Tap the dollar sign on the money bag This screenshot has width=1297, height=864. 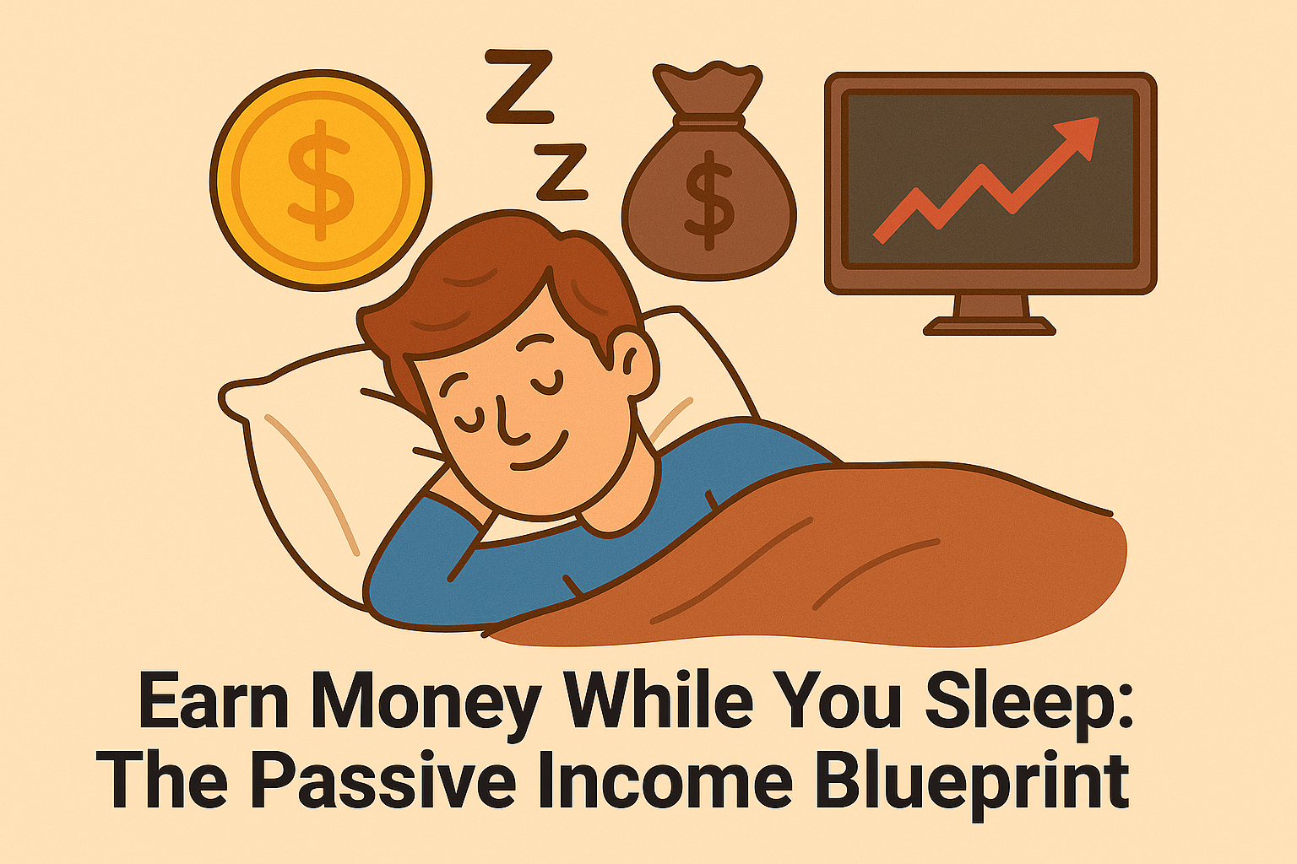pyautogui.click(x=710, y=201)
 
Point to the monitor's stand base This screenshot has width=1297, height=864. pyautogui.click(x=989, y=326)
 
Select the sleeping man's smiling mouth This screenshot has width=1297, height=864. pyautogui.click(x=539, y=452)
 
